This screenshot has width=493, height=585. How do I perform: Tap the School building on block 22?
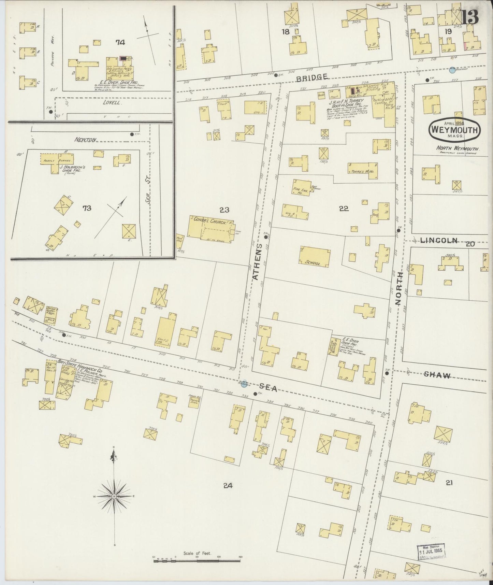(x=315, y=256)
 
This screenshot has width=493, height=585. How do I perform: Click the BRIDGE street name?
(x=312, y=77)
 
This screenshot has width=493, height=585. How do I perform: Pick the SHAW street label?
(x=437, y=375)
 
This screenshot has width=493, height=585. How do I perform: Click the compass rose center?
(x=114, y=496)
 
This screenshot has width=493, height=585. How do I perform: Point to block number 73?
(x=87, y=208)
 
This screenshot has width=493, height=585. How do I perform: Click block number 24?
(x=228, y=486)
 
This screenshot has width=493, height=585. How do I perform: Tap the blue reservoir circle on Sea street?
(x=244, y=384)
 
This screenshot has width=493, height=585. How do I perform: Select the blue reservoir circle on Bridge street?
(x=452, y=70)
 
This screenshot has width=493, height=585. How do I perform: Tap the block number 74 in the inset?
(x=120, y=42)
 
